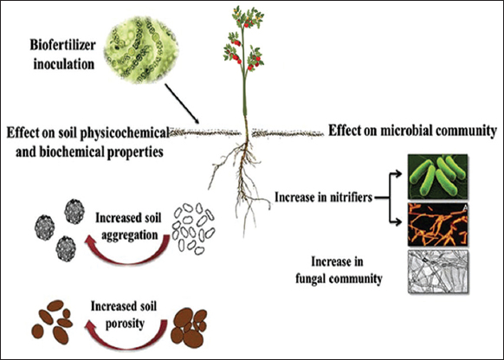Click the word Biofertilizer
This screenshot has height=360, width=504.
tap(62, 45)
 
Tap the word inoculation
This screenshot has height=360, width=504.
tap(64, 64)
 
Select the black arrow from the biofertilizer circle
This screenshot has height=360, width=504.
tap(182, 104)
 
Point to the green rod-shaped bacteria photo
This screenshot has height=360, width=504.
tap(438, 177)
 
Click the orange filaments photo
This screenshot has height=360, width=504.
tap(438, 224)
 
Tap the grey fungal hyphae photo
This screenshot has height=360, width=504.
tap(438, 272)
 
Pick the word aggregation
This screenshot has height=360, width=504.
tap(130, 235)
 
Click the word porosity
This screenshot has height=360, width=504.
tap(125, 324)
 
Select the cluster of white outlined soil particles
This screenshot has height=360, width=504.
tap(193, 228)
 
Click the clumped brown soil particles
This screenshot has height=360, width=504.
tap(189, 328)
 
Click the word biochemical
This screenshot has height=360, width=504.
tap(73, 152)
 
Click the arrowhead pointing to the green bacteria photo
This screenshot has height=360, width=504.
tap(398, 174)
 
